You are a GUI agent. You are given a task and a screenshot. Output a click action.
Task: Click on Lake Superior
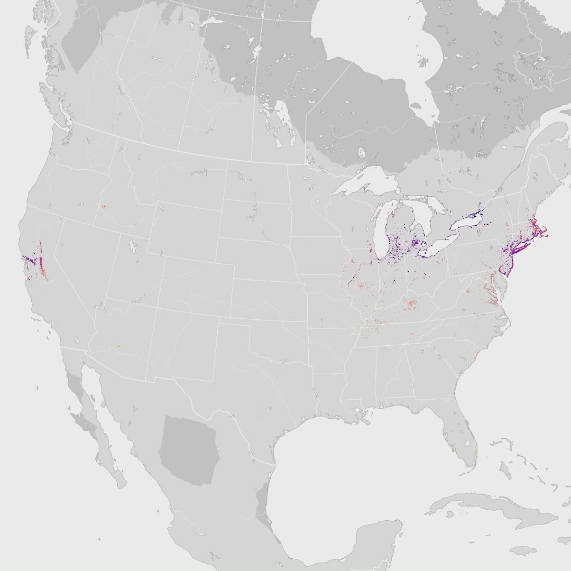click(x=365, y=182)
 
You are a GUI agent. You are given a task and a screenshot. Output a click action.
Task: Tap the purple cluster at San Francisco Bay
click(x=29, y=260)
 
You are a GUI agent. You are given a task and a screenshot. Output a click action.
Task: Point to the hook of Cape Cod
click(x=545, y=233)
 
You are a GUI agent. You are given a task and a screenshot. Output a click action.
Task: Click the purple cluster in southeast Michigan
click(x=415, y=243)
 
